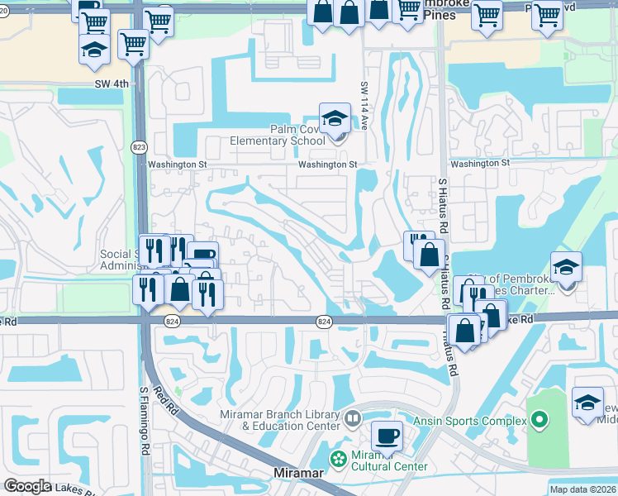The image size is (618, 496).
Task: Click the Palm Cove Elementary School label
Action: pyautogui.click(x=286, y=135)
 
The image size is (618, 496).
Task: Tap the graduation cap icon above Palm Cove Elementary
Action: pyautogui.click(x=335, y=118)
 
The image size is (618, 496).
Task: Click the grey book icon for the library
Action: pyautogui.click(x=353, y=419)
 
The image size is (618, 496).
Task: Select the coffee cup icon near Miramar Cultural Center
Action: pyautogui.click(x=386, y=435)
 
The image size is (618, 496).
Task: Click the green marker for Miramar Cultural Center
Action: pyautogui.click(x=337, y=457)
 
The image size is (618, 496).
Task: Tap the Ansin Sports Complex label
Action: pyautogui.click(x=482, y=422)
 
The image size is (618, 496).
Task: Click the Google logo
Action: pyautogui.click(x=27, y=486)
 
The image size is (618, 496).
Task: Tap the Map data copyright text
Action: pyautogui.click(x=583, y=489)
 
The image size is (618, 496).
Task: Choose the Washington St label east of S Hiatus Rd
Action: pyautogui.click(x=480, y=164)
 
